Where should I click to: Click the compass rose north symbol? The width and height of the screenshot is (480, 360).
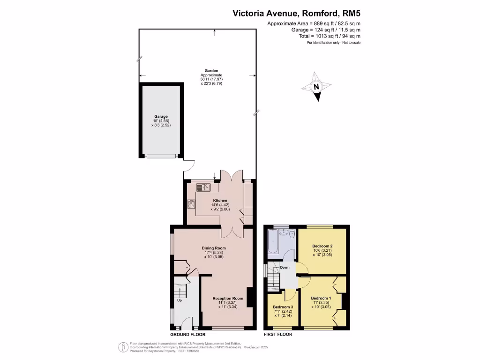point(316,87)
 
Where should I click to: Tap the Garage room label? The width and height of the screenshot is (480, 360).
point(161,116)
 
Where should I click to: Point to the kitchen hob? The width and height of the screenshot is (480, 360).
point(191,204)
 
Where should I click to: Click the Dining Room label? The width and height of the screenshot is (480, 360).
point(214,248)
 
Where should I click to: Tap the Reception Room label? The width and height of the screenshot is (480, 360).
point(228,298)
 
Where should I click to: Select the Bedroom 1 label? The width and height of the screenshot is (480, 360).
point(321,298)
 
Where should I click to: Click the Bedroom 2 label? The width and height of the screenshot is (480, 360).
point(322,246)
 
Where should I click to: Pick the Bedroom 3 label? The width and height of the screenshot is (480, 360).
point(283,307)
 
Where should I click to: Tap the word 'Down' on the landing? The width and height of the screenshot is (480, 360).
point(285,268)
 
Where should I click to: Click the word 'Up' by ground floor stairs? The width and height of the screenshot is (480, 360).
point(179,300)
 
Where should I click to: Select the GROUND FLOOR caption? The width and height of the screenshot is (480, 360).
point(186,334)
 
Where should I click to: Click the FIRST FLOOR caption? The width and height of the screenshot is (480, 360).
point(278,334)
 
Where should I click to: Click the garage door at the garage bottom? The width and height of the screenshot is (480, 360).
point(161,156)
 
